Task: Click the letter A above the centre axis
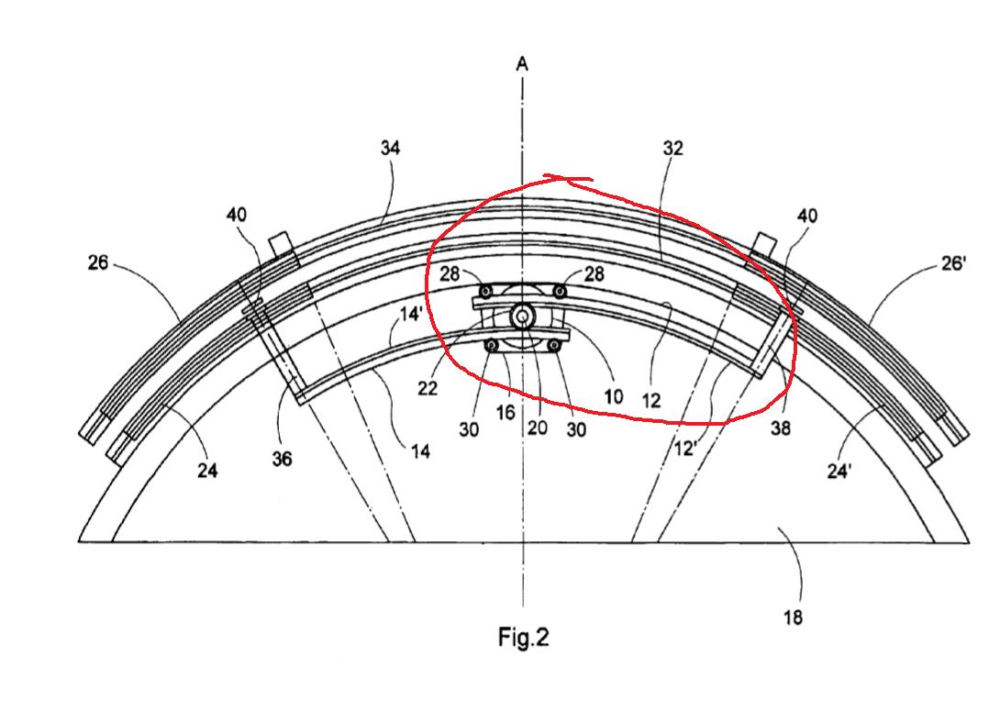pyautogui.click(x=522, y=64)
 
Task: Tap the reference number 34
pyautogui.click(x=390, y=148)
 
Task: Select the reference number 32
pyautogui.click(x=672, y=149)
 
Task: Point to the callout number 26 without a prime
pyautogui.click(x=98, y=262)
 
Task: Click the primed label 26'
pyautogui.click(x=953, y=263)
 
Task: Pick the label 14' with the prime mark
pyautogui.click(x=412, y=315)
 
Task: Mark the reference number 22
pyautogui.click(x=428, y=388)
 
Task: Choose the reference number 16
pyautogui.click(x=506, y=413)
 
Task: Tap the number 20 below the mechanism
pyautogui.click(x=537, y=427)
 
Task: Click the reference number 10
pyautogui.click(x=614, y=397)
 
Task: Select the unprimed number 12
pyautogui.click(x=651, y=401)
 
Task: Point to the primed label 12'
pyautogui.click(x=685, y=449)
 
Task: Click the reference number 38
pyautogui.click(x=781, y=428)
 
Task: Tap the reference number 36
pyautogui.click(x=282, y=459)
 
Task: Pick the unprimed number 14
pyautogui.click(x=420, y=452)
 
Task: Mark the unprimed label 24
pyautogui.click(x=207, y=471)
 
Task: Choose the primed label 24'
pyautogui.click(x=839, y=472)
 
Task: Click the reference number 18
pyautogui.click(x=793, y=618)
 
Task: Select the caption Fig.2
pyautogui.click(x=523, y=637)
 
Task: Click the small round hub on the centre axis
pyautogui.click(x=523, y=317)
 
